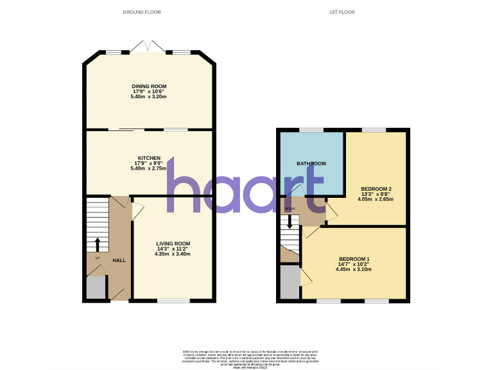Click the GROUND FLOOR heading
coord(143,12)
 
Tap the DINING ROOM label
coord(149,86)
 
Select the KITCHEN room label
coord(148,158)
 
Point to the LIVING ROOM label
coord(173,243)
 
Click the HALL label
coord(119,260)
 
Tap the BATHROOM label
coord(311,164)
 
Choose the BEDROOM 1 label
coord(354,258)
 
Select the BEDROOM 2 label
coord(376,188)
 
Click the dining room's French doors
coord(148,47)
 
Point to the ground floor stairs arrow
coord(98,244)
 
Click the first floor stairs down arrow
coord(290,222)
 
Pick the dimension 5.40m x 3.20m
coord(149,96)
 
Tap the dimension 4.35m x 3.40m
coord(173,254)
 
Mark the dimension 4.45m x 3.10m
coord(354,269)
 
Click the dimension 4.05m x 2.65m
coord(376,199)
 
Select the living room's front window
coord(174,300)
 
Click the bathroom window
coord(311,130)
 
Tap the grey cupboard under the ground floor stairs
coord(96,287)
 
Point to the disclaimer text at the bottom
coord(246,358)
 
